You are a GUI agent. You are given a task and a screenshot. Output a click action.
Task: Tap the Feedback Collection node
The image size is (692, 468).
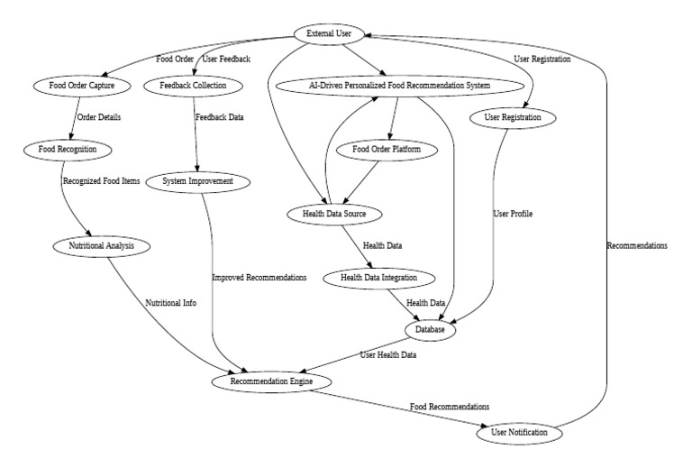pyautogui.click(x=192, y=86)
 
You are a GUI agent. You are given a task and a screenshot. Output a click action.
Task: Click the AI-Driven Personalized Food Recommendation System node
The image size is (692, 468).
pyautogui.click(x=399, y=86)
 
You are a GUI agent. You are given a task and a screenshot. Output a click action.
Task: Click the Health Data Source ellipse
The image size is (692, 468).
pyautogui.click(x=334, y=214)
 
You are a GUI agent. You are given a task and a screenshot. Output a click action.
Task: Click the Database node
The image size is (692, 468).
pyautogui.click(x=431, y=331)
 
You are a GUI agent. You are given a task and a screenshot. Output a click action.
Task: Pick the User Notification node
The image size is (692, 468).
pyautogui.click(x=520, y=434)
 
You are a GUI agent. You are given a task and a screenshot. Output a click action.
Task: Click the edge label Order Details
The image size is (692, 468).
pyautogui.click(x=98, y=117)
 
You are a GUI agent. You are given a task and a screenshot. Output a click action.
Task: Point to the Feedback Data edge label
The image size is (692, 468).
pyautogui.click(x=218, y=117)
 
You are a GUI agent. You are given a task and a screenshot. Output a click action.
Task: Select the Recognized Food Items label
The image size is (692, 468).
pyautogui.click(x=101, y=181)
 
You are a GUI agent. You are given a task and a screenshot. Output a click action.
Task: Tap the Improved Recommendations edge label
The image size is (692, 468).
pyautogui.click(x=259, y=277)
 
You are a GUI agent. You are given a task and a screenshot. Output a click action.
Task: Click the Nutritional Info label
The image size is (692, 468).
pyautogui.click(x=171, y=303)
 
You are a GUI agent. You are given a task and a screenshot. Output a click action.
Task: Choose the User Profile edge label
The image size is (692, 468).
pyautogui.click(x=513, y=214)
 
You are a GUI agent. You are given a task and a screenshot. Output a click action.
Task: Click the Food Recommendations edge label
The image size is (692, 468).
pyautogui.click(x=450, y=407)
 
